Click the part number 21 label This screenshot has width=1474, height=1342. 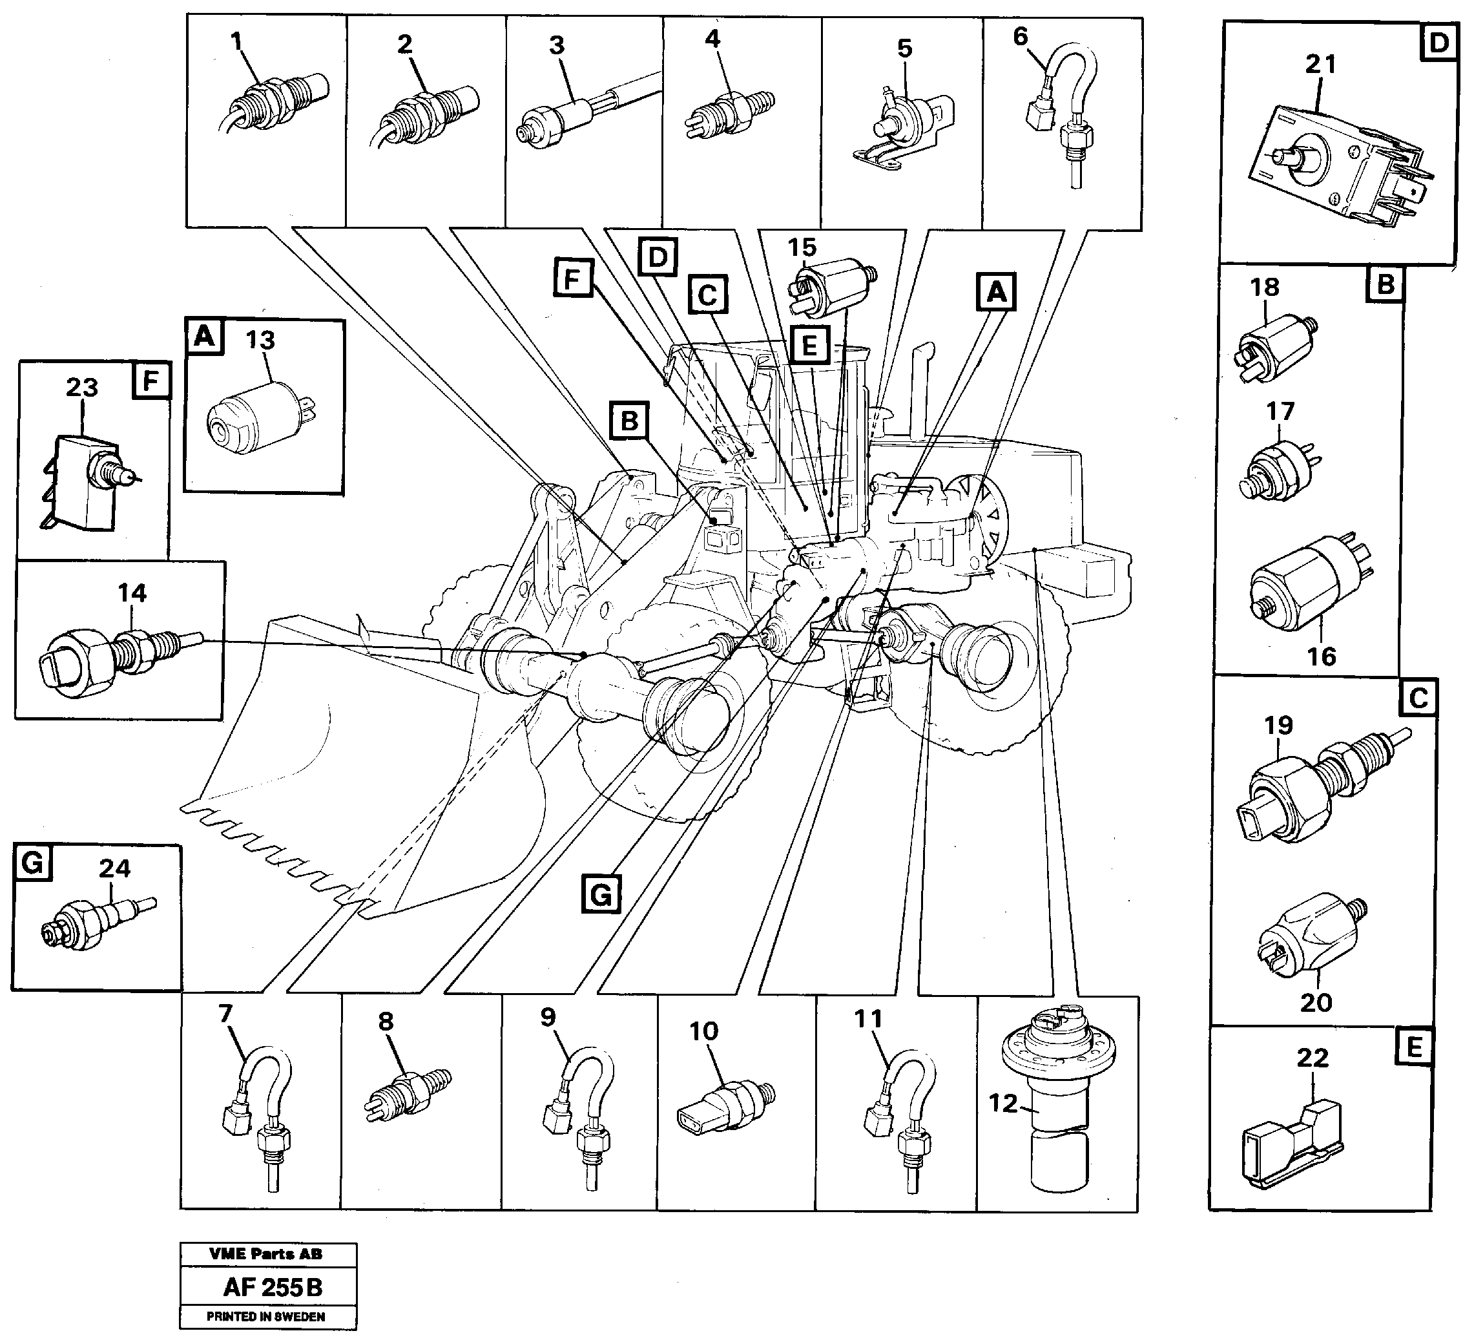[1320, 65]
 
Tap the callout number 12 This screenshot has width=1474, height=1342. [1003, 1103]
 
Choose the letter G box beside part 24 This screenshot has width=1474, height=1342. [32, 863]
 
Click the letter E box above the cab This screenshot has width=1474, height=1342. [809, 345]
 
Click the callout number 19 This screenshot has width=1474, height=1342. [1278, 726]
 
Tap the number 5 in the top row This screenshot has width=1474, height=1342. [904, 49]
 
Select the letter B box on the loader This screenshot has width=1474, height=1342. [628, 421]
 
